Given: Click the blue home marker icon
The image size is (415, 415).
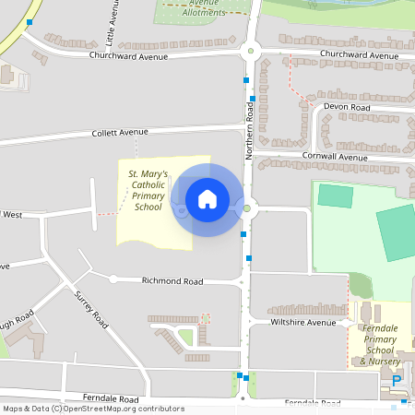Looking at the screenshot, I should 207,198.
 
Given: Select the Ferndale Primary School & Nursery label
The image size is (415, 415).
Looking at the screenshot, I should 381,344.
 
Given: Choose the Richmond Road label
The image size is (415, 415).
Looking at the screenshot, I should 172,279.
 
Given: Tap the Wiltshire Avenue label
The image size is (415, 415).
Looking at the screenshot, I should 303,323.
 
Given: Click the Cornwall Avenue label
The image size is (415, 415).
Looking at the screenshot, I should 335,157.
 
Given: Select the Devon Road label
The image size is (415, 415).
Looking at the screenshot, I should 347,108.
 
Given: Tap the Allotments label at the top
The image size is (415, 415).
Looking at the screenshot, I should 204,11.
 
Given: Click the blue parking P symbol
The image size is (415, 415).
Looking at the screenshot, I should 397,381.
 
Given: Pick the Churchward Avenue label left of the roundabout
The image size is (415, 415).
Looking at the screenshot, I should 128,56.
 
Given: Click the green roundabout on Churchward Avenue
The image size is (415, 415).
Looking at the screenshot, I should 250,53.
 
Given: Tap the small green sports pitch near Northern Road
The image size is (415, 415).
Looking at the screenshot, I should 336,196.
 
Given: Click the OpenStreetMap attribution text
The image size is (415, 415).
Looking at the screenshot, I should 93,409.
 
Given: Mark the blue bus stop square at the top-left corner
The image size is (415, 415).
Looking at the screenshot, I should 30,21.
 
